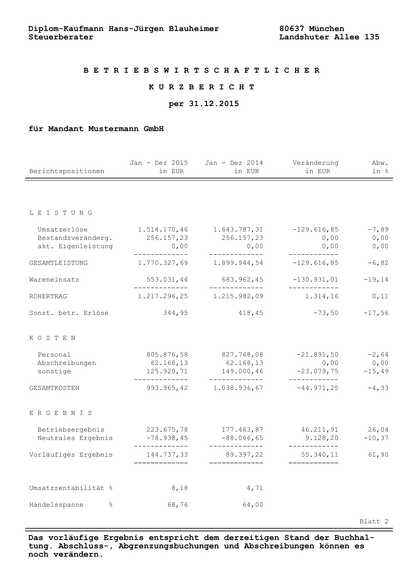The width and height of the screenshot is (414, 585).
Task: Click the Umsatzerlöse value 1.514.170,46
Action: [x=163, y=229]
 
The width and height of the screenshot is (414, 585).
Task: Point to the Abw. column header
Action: [x=380, y=163]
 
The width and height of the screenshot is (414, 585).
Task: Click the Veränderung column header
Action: [x=316, y=163]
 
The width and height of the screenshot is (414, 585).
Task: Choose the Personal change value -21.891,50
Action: [x=318, y=355]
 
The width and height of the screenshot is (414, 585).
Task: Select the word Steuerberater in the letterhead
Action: [x=61, y=37]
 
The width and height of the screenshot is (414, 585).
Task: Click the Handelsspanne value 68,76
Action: [x=178, y=505]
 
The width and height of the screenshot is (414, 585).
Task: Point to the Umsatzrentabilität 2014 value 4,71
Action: [x=255, y=488]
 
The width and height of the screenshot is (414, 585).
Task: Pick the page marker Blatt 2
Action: [x=374, y=521]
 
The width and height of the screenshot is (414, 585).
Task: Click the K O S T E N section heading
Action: [x=52, y=338]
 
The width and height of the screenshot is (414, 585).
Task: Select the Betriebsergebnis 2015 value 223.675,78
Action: [x=167, y=430]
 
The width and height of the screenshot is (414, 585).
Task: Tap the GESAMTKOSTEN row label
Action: [x=54, y=388]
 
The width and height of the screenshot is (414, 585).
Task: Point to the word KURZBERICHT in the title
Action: [x=202, y=87]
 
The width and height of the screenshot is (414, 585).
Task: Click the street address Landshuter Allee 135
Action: [x=329, y=37]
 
